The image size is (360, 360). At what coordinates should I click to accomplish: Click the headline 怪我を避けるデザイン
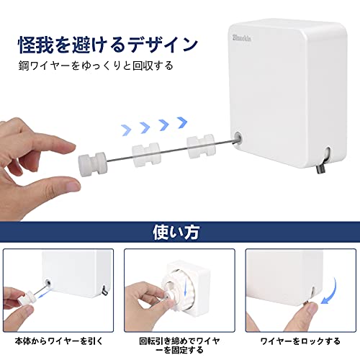(108, 45)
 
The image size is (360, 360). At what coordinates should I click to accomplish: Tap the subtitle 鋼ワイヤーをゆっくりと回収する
(96, 66)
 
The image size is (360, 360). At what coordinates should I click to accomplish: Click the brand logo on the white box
(242, 38)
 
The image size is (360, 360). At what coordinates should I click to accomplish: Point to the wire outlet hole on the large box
(238, 138)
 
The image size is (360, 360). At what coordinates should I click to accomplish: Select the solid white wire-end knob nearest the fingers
(92, 165)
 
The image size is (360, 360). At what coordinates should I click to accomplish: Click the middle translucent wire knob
(146, 155)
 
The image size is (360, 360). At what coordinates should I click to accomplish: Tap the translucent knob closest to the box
(201, 146)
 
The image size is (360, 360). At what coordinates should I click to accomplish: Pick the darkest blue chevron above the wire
(182, 122)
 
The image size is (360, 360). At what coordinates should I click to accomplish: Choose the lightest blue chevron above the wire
(126, 130)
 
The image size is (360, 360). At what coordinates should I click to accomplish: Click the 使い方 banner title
(176, 232)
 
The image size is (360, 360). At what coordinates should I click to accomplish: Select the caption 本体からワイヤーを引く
(59, 341)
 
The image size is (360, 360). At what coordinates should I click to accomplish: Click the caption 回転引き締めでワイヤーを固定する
(179, 346)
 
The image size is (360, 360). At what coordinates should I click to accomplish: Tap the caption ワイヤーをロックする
(300, 341)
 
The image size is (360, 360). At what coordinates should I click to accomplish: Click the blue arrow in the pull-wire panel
(45, 294)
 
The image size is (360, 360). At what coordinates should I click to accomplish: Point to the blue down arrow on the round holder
(186, 288)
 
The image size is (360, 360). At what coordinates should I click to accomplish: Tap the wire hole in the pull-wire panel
(48, 283)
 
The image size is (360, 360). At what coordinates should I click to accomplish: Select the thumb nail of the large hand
(73, 186)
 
